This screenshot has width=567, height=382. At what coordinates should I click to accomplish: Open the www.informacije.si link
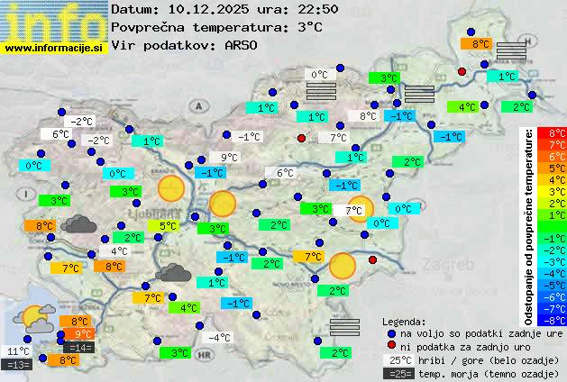(x=54, y=47)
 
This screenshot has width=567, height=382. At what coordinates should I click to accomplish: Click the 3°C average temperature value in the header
(x=309, y=27)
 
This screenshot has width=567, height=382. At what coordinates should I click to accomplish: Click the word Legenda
(x=404, y=321)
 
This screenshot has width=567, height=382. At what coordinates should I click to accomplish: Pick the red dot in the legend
(x=391, y=346)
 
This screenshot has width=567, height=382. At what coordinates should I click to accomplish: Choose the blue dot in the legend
(x=391, y=332)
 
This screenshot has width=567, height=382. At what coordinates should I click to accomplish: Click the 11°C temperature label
(x=18, y=351)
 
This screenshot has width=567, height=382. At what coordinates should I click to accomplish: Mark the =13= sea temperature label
(x=17, y=365)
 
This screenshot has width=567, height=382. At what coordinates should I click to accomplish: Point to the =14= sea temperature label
(x=78, y=348)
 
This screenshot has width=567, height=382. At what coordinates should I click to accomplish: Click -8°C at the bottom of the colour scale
(x=552, y=319)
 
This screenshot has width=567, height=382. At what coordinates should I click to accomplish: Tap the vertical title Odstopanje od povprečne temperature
(x=529, y=225)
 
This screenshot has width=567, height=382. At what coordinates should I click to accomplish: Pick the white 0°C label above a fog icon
(x=319, y=75)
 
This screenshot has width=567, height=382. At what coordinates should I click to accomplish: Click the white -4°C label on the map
(x=219, y=338)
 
